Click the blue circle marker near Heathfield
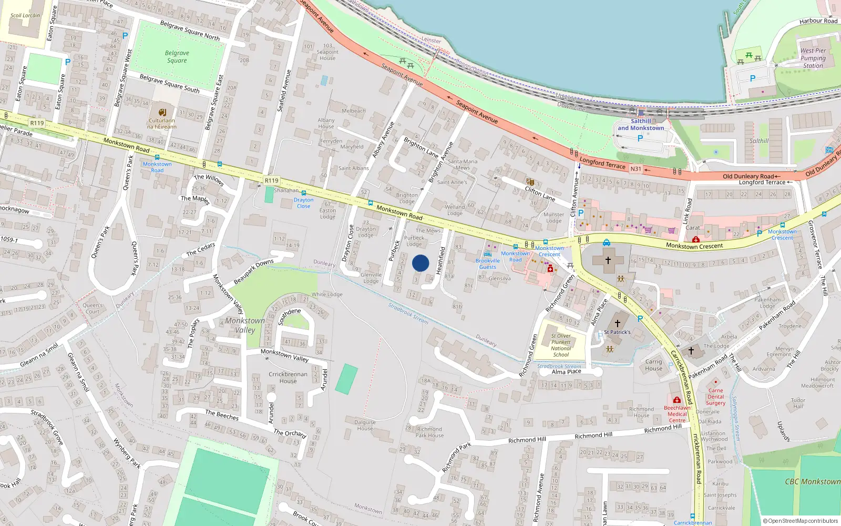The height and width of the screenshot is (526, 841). click(x=420, y=263)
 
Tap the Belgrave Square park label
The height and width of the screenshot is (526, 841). click(x=177, y=57)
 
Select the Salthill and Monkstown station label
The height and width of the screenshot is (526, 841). click(x=641, y=125)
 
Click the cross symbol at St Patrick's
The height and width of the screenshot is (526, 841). click(x=618, y=323)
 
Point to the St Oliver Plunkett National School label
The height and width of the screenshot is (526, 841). click(x=561, y=345)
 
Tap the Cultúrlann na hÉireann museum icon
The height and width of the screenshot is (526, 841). click(x=162, y=112)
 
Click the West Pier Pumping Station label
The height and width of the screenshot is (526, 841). click(x=813, y=58)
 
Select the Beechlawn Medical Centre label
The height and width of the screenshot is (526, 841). click(x=677, y=414)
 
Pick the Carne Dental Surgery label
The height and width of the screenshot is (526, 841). click(x=715, y=397)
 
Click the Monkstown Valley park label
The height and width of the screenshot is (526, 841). click(x=245, y=325)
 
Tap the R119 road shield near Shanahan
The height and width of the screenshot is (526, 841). click(x=271, y=180)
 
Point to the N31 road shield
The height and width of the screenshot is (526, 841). click(x=636, y=169)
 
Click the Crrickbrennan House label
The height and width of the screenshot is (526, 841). click(x=288, y=378)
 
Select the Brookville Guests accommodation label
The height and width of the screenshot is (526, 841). click(x=488, y=264)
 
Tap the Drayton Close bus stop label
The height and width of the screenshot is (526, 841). click(x=303, y=203)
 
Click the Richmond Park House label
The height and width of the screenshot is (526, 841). click(x=429, y=432)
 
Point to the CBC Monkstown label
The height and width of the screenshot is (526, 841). click(x=813, y=481)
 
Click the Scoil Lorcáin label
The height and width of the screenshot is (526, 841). click(x=25, y=15)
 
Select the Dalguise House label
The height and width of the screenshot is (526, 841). click(x=365, y=425)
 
